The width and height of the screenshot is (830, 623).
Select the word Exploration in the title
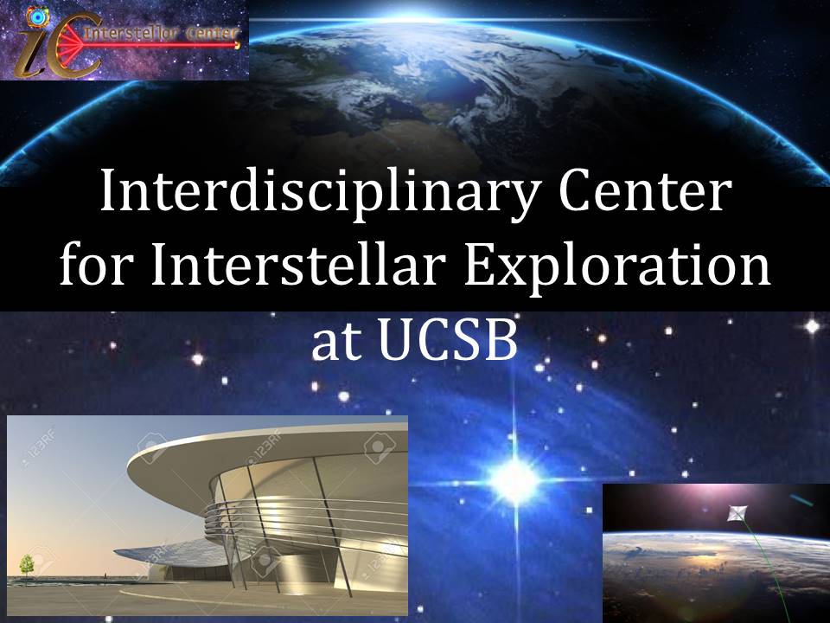(616, 266)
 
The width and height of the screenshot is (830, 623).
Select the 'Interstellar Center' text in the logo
(162, 34)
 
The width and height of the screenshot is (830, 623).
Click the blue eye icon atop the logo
(37, 17)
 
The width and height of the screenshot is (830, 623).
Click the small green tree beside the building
(27, 565)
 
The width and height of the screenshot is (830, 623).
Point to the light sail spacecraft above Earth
(737, 513)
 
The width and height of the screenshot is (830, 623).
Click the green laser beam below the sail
(760, 572)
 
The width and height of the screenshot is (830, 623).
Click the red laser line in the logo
(159, 46)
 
